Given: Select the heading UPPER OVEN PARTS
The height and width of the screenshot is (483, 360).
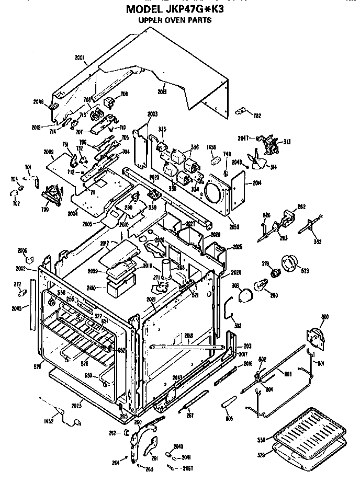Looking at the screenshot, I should coord(174,21).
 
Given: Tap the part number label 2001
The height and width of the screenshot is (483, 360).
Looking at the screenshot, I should coord(80,56).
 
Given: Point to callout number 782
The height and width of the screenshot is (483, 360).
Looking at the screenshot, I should coord(257,116).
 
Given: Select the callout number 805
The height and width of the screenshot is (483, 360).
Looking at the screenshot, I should coord(229,418).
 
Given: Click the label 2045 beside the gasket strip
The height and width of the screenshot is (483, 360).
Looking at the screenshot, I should coord(16,308).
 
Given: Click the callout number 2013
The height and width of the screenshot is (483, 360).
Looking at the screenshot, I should coord(162,91).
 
